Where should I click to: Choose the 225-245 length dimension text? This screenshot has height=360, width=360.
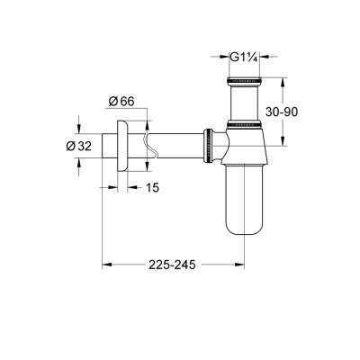(x=173, y=265)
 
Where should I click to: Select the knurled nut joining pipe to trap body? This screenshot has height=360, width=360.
(x=211, y=144)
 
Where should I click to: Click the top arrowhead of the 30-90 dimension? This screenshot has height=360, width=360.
(x=286, y=81)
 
